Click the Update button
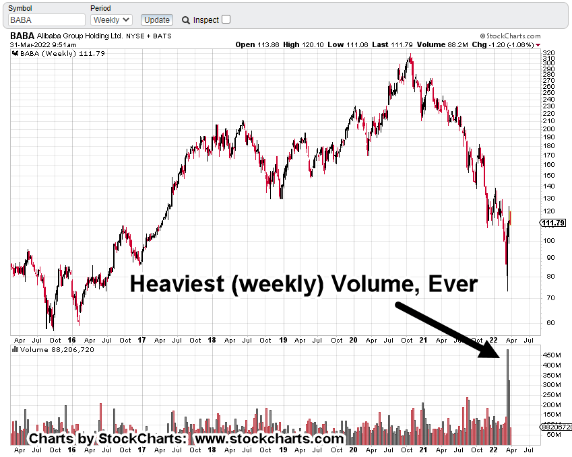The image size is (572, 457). pyautogui.click(x=156, y=20)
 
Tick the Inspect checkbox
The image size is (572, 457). pyautogui.click(x=226, y=20)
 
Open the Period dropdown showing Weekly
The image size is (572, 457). pyautogui.click(x=112, y=20)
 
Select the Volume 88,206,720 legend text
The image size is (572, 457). pyautogui.click(x=57, y=350)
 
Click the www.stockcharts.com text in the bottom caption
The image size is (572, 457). pyautogui.click(x=268, y=439)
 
